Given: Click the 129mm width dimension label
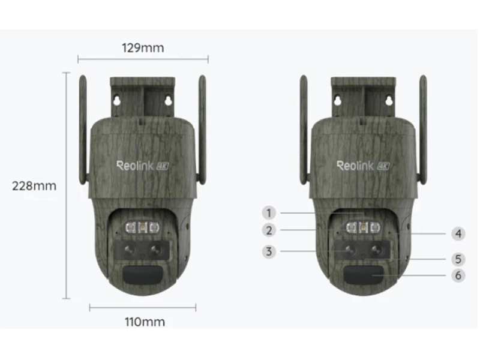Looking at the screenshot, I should [x=142, y=47].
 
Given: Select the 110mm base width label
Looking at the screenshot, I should [x=144, y=322].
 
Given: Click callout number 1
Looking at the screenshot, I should [x=269, y=212].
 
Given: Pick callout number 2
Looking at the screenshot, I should [x=269, y=230].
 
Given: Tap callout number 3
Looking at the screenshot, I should [x=269, y=251].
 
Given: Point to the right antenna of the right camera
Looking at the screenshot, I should [x=423, y=129].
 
